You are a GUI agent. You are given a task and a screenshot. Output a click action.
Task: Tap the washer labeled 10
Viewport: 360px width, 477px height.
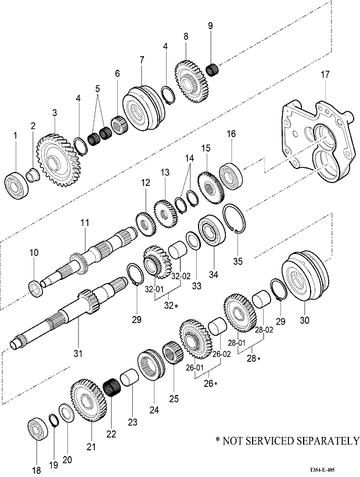tap(35, 286)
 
